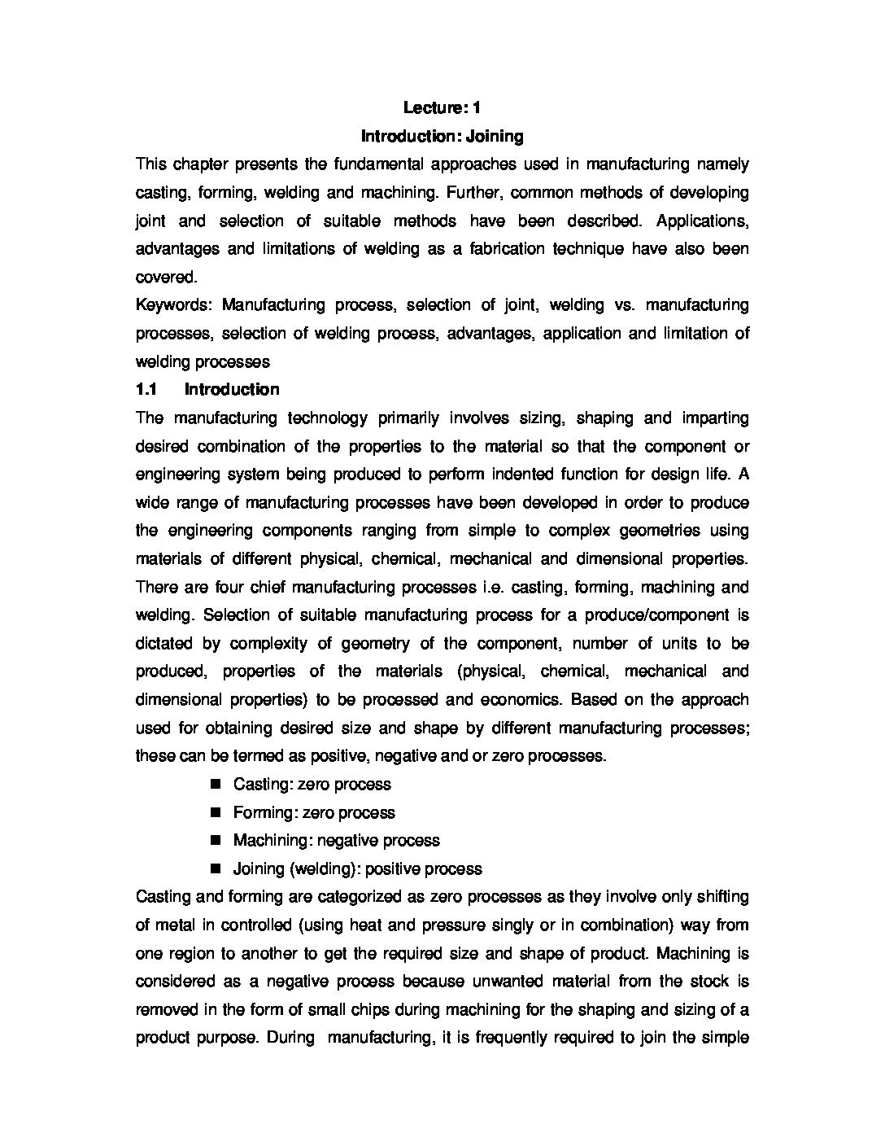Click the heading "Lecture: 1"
point(442,107)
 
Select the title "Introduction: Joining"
point(442,136)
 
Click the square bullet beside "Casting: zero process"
point(216,785)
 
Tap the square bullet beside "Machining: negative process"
point(216,841)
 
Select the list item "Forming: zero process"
point(313,813)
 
